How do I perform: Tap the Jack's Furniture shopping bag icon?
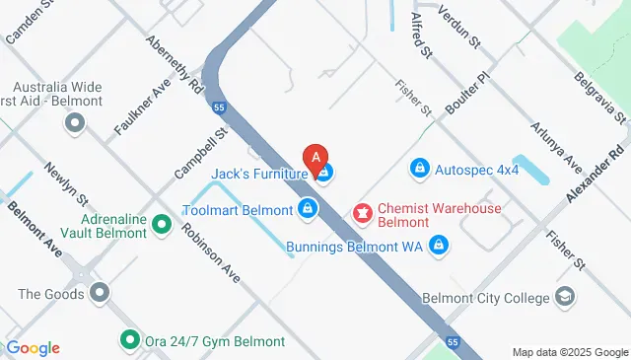(x=325, y=175)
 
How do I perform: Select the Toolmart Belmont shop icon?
(x=308, y=209)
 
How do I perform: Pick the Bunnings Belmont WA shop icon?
(x=440, y=246)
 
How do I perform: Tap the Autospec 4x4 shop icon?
(x=420, y=170)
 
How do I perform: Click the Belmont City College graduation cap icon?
(x=566, y=297)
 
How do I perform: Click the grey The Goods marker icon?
(x=99, y=293)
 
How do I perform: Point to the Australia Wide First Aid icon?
(x=75, y=123)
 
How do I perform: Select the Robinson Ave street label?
(x=210, y=252)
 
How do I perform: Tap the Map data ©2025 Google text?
(x=570, y=352)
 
